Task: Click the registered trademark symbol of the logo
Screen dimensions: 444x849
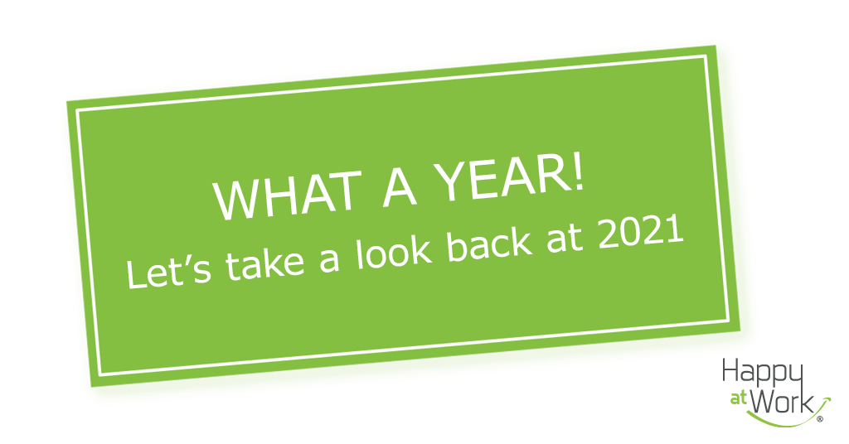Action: coord(820,420)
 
